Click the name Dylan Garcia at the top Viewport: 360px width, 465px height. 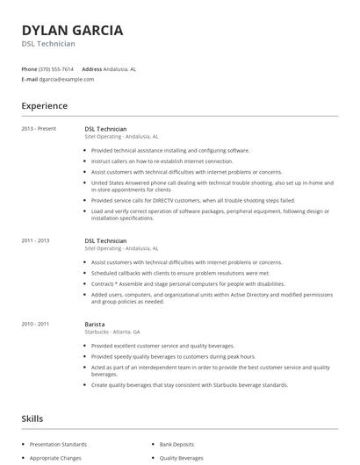coord(72,30)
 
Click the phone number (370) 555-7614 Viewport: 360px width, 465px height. coord(57,68)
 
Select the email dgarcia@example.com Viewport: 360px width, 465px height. coord(67,79)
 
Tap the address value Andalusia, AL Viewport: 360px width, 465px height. coord(120,68)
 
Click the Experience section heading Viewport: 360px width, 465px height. coord(44,106)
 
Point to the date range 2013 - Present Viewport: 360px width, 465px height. coord(39,129)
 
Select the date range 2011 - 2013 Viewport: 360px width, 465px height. coord(36,240)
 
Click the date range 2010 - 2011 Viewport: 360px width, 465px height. coord(36,324)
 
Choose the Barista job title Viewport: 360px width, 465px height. coord(95,324)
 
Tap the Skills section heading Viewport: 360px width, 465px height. coord(32,418)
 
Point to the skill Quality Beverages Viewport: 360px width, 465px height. coord(182,458)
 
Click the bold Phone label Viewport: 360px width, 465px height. coord(29,68)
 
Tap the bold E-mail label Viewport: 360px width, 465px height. coord(29,79)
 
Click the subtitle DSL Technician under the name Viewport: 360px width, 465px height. coord(48,44)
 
